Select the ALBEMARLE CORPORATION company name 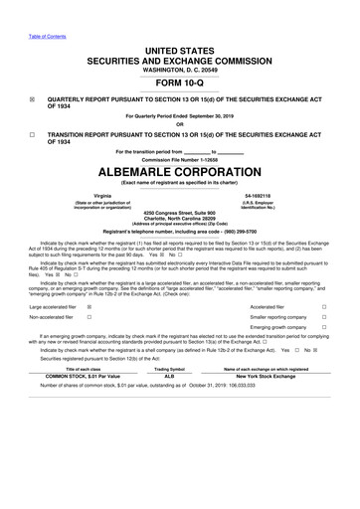click(x=180, y=170)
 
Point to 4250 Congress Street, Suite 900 click(x=180, y=213)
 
